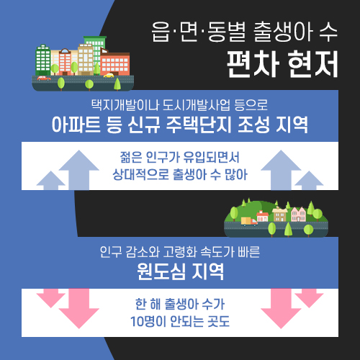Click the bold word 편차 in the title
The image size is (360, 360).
point(253,64)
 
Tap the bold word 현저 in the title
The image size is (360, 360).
point(312,64)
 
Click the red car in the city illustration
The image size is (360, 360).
point(44,78)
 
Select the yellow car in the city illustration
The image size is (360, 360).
point(109,76)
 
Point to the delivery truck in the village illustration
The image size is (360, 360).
point(249,221)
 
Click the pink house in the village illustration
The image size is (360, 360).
point(298,215)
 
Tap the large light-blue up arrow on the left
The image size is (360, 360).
point(79,170)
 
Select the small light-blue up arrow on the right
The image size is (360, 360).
point(309,181)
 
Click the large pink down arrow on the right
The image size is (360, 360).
point(281,308)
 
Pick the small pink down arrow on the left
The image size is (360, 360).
point(51,298)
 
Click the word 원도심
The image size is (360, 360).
point(161,271)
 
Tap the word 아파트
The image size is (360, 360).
point(76,125)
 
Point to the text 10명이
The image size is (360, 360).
point(148,321)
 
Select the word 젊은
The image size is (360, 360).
point(131,157)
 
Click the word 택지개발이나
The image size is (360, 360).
point(125,105)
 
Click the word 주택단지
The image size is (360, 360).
point(199,125)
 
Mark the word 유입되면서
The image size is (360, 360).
point(212,157)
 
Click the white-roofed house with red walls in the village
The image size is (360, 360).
point(262,216)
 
